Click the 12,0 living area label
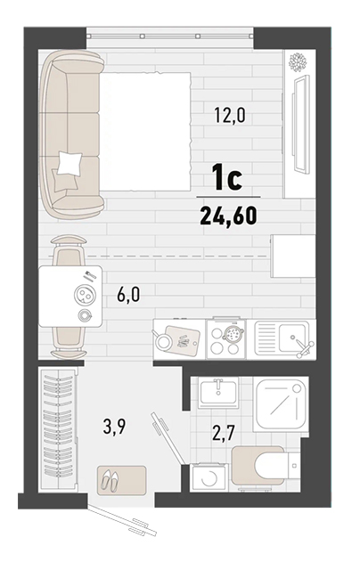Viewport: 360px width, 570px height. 229,116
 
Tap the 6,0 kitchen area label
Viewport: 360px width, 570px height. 128,295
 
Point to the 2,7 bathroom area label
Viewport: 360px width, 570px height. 224,433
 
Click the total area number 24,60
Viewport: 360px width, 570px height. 229,216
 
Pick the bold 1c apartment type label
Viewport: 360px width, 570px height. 228,178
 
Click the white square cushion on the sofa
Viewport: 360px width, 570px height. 70,163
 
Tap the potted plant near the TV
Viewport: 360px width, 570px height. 298,61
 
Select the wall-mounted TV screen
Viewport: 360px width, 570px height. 301,124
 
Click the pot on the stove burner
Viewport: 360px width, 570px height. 233,332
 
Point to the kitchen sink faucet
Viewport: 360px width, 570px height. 303,346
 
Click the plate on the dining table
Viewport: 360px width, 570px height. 85,295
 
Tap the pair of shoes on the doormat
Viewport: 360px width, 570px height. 110,480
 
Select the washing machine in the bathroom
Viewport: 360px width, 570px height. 209,477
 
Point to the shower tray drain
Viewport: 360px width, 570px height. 297,388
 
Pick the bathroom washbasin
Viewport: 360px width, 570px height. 218,392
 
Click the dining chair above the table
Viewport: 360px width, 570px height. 69,250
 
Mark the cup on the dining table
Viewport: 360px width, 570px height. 85,315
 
